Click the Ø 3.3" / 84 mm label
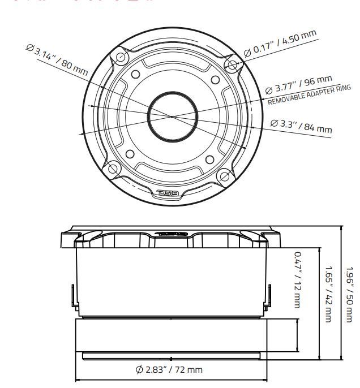click(x=301, y=126)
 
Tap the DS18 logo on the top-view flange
click(x=168, y=195)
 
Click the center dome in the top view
click(x=173, y=114)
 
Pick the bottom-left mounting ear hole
click(x=113, y=169)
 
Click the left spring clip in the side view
click(x=72, y=296)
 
